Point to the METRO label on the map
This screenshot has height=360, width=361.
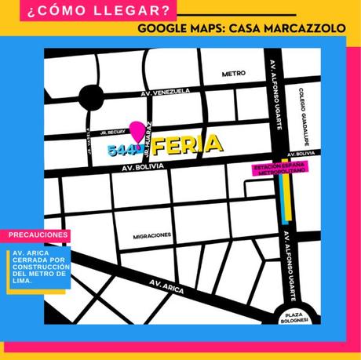click(x=234, y=74)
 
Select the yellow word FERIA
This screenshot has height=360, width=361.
click(x=188, y=146)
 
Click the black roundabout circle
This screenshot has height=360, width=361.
click(x=91, y=99)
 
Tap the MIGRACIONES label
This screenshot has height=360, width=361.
click(x=152, y=235)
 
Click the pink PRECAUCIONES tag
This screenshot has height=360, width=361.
click(x=38, y=235)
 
